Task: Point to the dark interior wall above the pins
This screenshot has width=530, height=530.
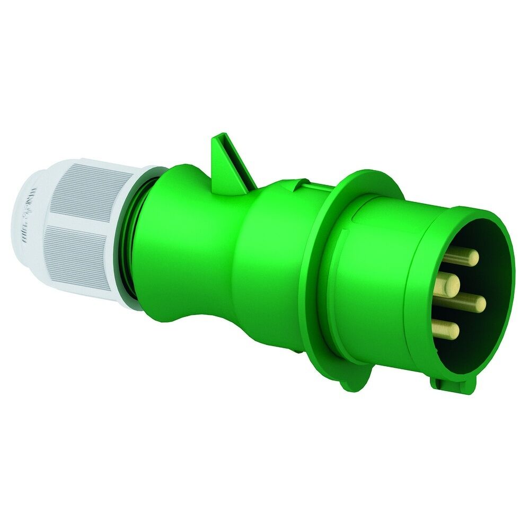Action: click(x=477, y=233)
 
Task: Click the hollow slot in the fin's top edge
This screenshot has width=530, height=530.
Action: click(x=222, y=139)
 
